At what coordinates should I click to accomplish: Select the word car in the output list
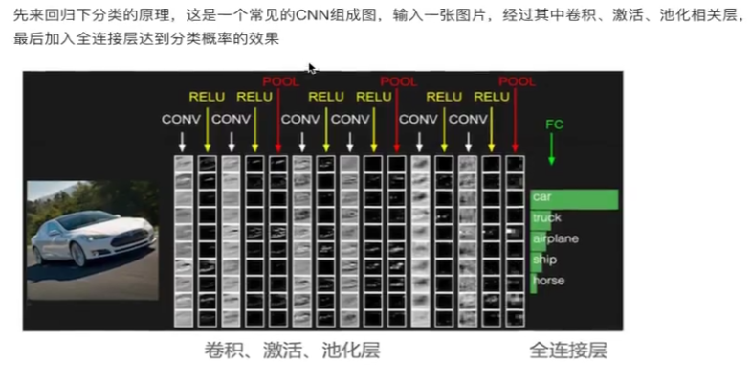pyautogui.click(x=542, y=197)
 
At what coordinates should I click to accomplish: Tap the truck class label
pyautogui.click(x=546, y=218)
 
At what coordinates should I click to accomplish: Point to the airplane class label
pyautogui.click(x=556, y=238)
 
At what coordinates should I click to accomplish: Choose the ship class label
pyautogui.click(x=545, y=260)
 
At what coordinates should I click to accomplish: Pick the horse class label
pyautogui.click(x=549, y=281)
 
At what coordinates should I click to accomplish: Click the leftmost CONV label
pyautogui.click(x=181, y=120)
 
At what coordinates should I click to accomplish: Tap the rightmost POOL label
pyautogui.click(x=518, y=82)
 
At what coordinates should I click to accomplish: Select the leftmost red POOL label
pyautogui.click(x=280, y=82)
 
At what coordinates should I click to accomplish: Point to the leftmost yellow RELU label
pyautogui.click(x=207, y=97)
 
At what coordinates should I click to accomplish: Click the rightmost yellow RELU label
pyautogui.click(x=492, y=97)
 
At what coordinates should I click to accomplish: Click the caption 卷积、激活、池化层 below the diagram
pyautogui.click(x=292, y=351)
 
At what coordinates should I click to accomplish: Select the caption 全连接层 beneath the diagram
pyautogui.click(x=568, y=351)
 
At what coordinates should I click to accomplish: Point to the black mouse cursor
pyautogui.click(x=311, y=68)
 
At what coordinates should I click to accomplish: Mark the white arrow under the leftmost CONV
pyautogui.click(x=181, y=140)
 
